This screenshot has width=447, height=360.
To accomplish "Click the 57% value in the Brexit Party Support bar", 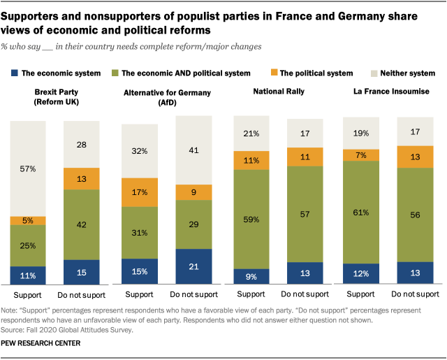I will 28,168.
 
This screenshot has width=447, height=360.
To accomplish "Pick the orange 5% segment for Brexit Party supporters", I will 28,221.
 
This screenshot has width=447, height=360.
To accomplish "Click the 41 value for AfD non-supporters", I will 193,150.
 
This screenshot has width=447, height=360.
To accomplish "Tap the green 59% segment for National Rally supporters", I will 250,219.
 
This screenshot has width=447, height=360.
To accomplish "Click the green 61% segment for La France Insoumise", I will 360,212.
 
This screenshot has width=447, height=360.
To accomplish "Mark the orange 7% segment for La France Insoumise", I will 360,154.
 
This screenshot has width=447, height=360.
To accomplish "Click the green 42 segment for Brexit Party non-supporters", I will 82,224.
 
